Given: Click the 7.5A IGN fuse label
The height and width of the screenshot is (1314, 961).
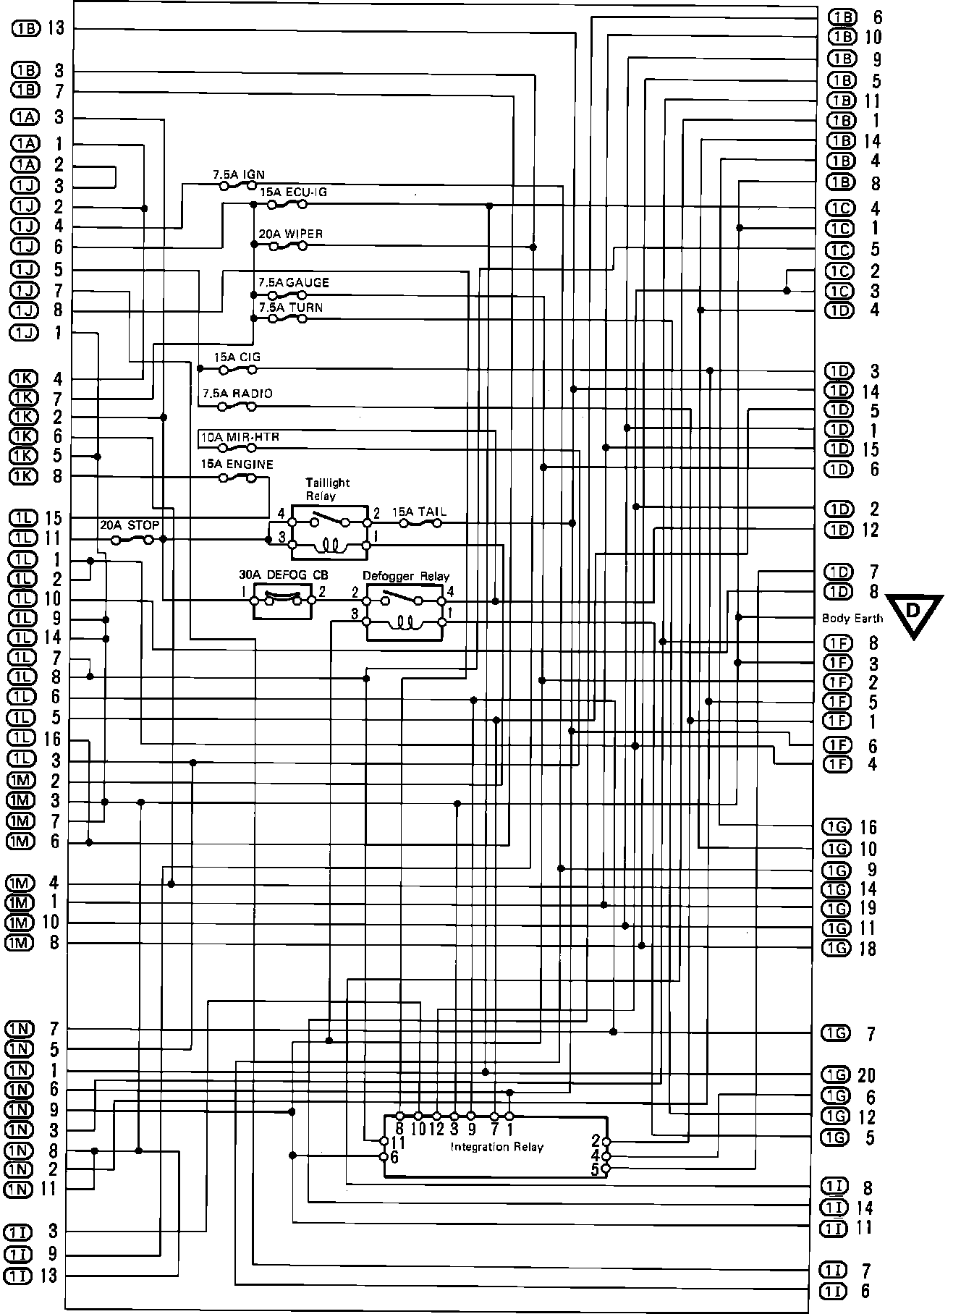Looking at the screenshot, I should [238, 174].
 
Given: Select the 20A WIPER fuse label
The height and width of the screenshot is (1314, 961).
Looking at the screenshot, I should [290, 234].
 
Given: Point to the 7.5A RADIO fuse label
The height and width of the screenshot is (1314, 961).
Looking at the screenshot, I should [237, 394].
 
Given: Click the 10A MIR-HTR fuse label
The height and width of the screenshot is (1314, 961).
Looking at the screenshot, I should [239, 437].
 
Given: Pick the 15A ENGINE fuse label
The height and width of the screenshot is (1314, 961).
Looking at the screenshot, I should [237, 464].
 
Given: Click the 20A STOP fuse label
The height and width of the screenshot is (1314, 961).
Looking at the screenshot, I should [130, 525].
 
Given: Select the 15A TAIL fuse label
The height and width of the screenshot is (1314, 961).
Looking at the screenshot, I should [419, 512].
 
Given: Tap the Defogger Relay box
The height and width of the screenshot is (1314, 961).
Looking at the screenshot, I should [405, 611].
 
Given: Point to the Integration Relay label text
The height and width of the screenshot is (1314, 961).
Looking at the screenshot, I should [496, 1147].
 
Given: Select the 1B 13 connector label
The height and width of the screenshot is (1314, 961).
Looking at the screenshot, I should [38, 29].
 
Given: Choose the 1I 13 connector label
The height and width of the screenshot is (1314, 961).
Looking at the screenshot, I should [32, 1276].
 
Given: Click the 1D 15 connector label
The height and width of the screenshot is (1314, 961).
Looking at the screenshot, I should [851, 449].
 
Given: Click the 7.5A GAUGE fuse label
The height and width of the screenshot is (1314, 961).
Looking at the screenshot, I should [293, 283].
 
